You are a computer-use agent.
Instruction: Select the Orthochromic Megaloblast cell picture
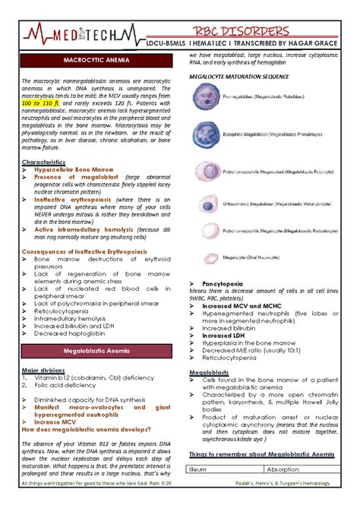click(205, 203)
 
